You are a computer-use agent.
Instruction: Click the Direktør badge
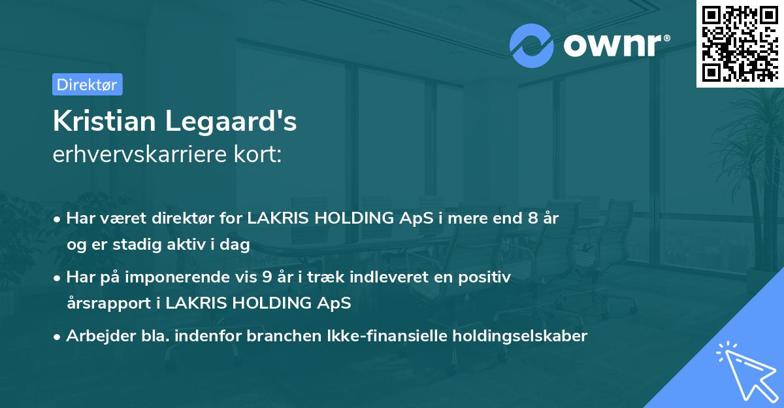(x=87, y=84)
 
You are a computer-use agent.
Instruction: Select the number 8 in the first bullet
(x=534, y=218)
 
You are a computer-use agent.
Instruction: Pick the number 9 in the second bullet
(x=267, y=277)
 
